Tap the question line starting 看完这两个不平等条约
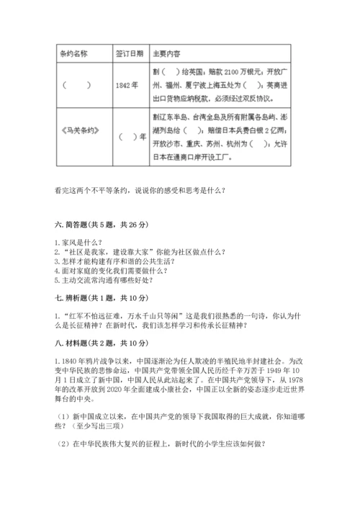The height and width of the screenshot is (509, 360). point(140,190)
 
